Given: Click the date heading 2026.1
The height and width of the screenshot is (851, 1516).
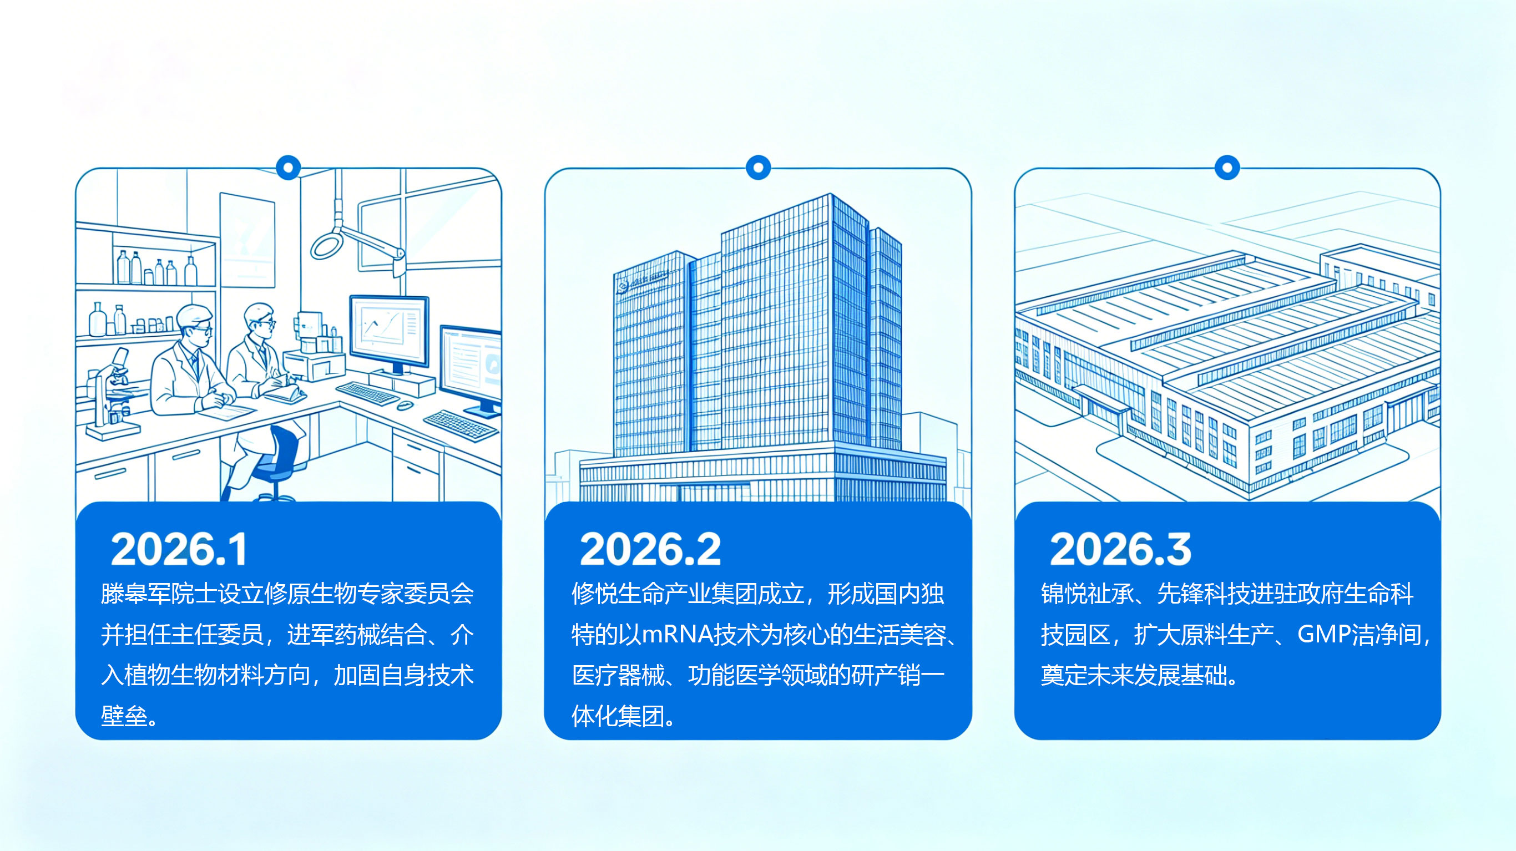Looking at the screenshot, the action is (179, 549).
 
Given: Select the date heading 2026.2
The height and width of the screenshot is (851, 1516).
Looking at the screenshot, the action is (650, 549).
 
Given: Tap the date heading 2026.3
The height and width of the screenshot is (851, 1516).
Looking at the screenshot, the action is (1120, 549).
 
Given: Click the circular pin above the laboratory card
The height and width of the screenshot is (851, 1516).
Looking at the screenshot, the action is (289, 168).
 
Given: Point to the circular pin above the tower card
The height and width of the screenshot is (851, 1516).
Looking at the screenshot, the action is (758, 168).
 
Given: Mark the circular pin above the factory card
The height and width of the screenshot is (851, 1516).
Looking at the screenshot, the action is (1227, 168).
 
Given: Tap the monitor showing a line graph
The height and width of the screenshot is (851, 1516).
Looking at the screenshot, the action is (389, 333).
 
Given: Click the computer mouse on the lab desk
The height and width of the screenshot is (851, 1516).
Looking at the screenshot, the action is (405, 405).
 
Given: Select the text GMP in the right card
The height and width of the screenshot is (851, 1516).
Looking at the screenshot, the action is (1323, 635).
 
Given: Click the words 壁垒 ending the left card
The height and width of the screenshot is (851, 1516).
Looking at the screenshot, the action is (124, 716).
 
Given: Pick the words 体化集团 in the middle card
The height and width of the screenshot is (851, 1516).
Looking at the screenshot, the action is (618, 716).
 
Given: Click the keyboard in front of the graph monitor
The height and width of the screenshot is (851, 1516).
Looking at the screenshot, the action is (367, 393).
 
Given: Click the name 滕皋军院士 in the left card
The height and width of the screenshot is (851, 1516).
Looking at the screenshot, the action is (159, 594).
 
